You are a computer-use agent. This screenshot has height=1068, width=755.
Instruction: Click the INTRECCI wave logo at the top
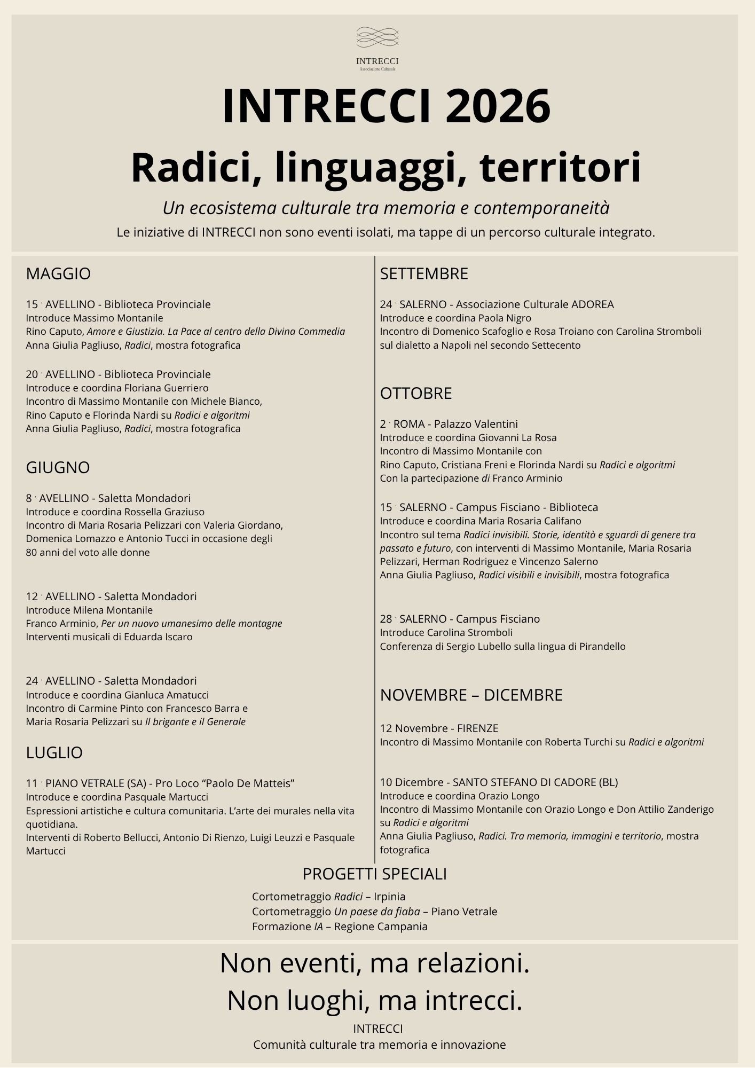click(x=377, y=37)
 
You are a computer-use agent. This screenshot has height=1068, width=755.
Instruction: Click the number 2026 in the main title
click(x=498, y=106)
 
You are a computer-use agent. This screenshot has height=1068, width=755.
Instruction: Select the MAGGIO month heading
click(x=58, y=274)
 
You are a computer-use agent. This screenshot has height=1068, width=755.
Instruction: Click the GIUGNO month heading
click(x=58, y=467)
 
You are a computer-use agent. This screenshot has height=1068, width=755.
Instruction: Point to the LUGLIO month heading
click(x=54, y=752)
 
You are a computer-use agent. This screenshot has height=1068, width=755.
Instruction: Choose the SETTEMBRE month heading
click(x=424, y=274)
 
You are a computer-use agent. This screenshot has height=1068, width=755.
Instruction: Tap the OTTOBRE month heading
click(x=416, y=394)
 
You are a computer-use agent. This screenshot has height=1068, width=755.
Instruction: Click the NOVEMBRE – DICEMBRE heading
click(x=471, y=695)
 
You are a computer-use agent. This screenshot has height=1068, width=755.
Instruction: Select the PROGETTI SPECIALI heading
click(x=375, y=874)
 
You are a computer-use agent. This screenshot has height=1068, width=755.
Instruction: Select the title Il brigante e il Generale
click(x=195, y=722)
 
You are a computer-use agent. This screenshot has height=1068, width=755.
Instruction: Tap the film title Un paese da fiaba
click(x=377, y=912)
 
